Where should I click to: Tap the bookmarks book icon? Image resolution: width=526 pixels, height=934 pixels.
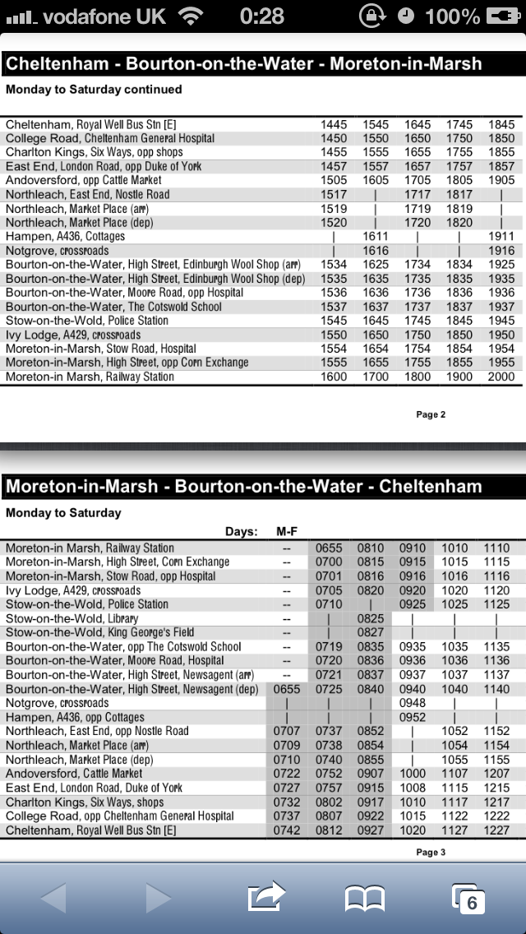(x=365, y=898)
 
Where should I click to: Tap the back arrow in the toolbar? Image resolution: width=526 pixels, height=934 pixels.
(x=53, y=897)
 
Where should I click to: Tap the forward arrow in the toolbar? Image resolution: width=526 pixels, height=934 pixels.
(x=158, y=897)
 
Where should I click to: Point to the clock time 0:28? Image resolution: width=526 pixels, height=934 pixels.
(x=261, y=16)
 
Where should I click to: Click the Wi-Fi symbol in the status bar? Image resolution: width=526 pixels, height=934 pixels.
(x=191, y=16)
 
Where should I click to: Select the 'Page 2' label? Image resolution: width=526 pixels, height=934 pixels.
(x=431, y=414)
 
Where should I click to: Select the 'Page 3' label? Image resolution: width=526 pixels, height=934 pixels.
(x=431, y=852)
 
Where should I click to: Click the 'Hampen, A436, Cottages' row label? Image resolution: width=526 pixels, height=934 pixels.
(x=66, y=236)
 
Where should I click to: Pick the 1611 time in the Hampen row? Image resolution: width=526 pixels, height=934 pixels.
(x=376, y=236)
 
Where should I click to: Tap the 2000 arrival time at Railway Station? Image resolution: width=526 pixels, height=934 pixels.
(x=501, y=377)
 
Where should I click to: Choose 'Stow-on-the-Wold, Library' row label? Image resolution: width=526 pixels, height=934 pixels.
(x=72, y=618)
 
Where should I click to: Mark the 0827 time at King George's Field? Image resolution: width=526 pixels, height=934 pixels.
(x=371, y=632)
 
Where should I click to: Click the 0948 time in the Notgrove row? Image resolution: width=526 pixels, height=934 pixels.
(x=413, y=703)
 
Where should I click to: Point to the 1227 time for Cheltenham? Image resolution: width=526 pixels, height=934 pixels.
(x=496, y=830)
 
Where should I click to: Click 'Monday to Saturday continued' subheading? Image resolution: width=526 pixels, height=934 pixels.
(x=94, y=89)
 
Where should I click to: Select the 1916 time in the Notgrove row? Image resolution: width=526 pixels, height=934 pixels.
(x=501, y=251)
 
